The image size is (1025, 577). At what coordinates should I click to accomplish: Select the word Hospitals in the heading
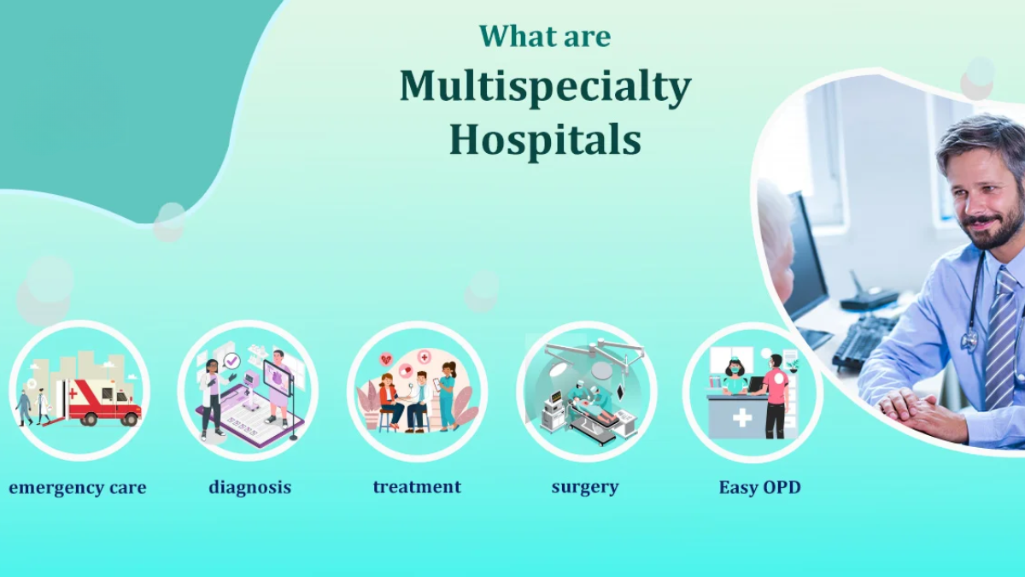point(545,140)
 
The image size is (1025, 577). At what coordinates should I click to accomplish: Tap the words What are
point(545,36)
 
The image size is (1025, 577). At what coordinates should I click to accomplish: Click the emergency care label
point(78,488)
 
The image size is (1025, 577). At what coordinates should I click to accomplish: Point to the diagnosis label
point(249,488)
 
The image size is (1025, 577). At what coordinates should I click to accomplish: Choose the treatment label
point(417,487)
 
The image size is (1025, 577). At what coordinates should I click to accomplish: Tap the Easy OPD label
point(759,488)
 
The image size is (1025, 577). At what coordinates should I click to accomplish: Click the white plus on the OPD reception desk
point(741,418)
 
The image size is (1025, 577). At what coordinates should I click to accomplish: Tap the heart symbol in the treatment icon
point(387,360)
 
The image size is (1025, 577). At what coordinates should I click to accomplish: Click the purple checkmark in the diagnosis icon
point(231,362)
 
